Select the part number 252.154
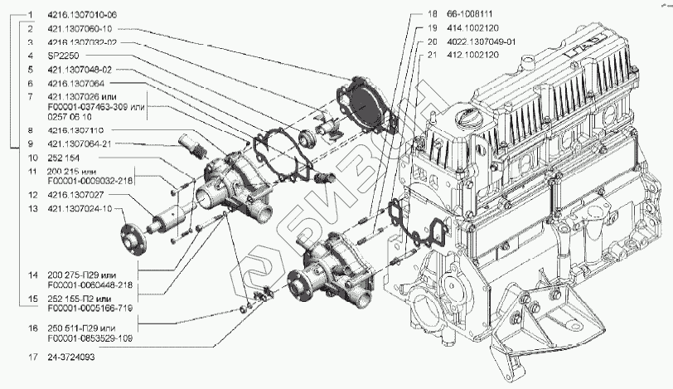[65, 158]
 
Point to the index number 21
[432, 55]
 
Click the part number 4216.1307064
[79, 84]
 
